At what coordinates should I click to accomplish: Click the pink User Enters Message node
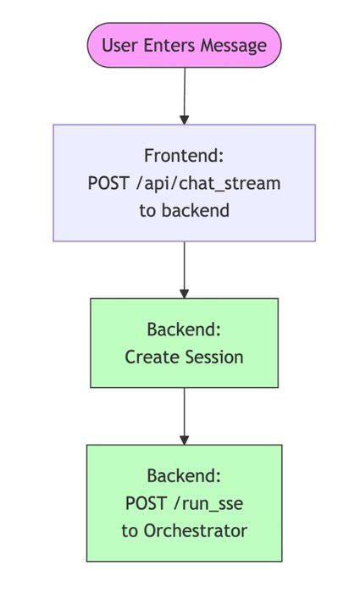click(x=184, y=45)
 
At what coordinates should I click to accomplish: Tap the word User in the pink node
click(x=118, y=45)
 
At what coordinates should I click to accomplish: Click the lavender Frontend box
click(x=184, y=183)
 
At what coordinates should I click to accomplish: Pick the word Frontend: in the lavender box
click(x=184, y=156)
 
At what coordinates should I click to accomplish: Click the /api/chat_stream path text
click(x=208, y=183)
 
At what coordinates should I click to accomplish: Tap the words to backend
click(x=184, y=210)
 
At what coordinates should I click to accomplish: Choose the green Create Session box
click(x=184, y=343)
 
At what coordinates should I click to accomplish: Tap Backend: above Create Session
click(x=184, y=330)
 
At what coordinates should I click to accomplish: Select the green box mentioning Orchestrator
click(x=184, y=502)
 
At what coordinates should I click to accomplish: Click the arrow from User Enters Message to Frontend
click(x=184, y=95)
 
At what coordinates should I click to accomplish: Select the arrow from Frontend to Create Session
click(x=184, y=269)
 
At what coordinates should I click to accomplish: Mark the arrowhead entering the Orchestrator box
click(x=184, y=439)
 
